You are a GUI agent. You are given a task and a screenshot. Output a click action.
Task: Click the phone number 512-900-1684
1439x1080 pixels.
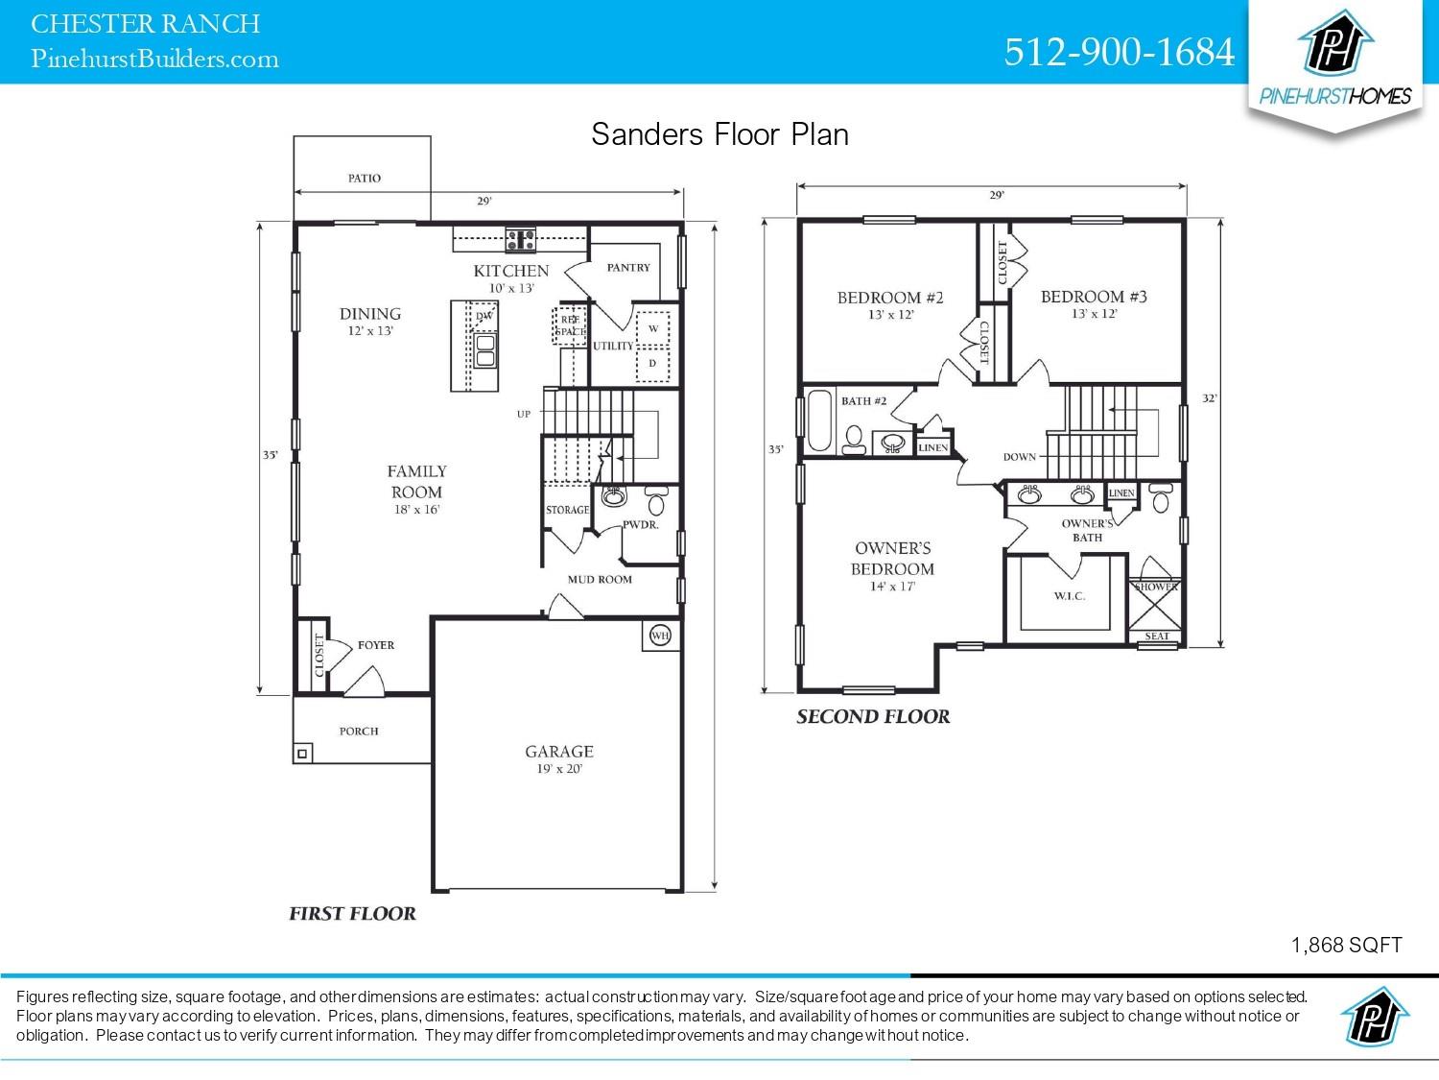(x=1119, y=52)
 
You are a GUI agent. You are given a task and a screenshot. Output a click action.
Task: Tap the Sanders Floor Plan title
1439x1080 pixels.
(x=719, y=133)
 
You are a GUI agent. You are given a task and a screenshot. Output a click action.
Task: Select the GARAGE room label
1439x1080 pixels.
(x=558, y=752)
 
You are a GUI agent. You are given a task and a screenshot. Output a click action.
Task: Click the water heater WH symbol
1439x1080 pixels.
(x=660, y=635)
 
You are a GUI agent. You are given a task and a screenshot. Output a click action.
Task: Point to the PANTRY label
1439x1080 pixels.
(x=628, y=268)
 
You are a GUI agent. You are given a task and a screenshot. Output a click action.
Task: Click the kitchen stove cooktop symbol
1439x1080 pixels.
(x=521, y=237)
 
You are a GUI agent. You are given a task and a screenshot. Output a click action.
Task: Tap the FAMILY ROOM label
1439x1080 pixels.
(x=416, y=480)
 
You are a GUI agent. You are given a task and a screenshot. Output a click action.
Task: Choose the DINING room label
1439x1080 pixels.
(x=370, y=314)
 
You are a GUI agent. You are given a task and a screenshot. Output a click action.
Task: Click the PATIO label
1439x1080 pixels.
(x=364, y=179)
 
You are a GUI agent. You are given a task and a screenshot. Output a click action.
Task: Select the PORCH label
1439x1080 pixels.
(x=359, y=731)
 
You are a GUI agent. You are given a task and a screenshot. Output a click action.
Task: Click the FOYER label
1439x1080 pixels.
(x=376, y=645)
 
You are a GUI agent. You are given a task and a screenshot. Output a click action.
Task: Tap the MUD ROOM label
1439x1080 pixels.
(x=600, y=579)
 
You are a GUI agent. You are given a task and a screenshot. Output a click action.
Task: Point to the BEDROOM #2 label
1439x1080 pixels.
(x=890, y=298)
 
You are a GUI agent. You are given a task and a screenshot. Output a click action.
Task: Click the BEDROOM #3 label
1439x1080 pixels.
(x=1094, y=297)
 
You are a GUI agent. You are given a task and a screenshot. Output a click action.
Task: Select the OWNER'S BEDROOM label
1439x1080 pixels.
(x=893, y=558)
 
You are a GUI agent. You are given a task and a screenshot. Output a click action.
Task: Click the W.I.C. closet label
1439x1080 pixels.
(x=1069, y=596)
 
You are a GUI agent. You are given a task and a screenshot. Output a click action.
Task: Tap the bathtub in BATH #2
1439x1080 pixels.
(x=818, y=420)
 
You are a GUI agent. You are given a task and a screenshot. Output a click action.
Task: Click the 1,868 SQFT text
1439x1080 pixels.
(x=1346, y=945)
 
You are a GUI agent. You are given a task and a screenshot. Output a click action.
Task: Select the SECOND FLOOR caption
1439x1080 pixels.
(x=873, y=716)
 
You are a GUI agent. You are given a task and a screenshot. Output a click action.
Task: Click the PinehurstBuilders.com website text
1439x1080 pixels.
(x=155, y=60)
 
